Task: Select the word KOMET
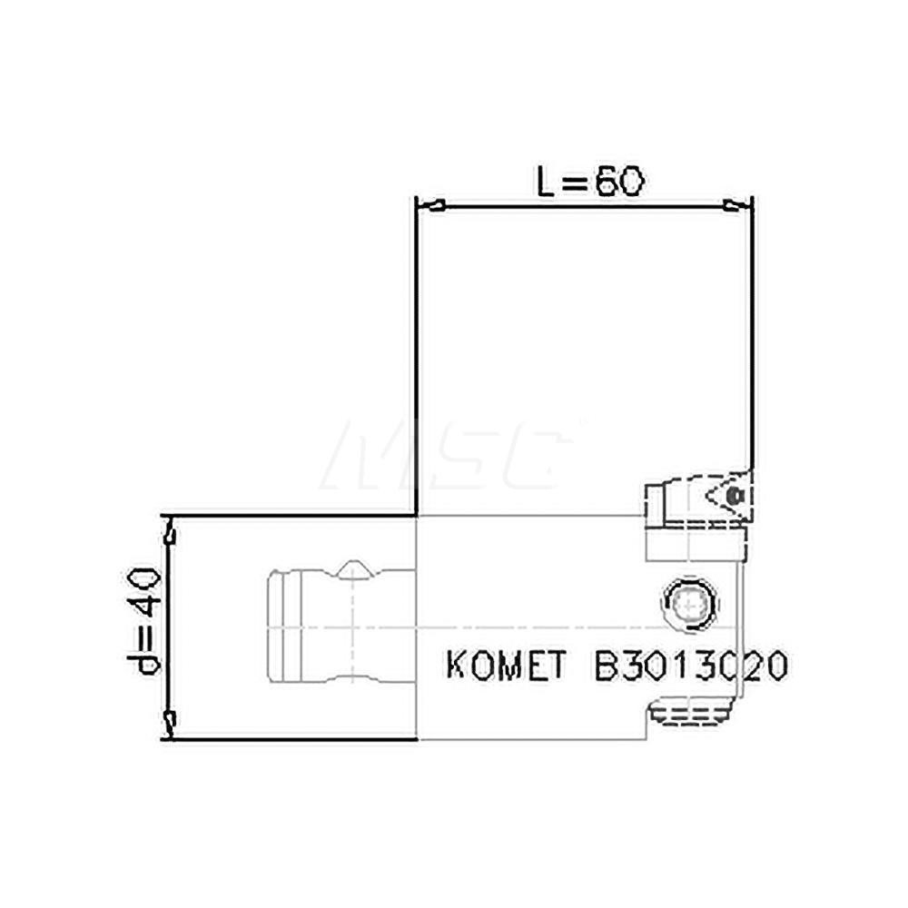pos(503,667)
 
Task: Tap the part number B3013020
pos(690,667)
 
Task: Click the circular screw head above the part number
pos(689,602)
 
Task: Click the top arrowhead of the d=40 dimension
pos(169,529)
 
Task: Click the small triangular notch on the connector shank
pos(352,570)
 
